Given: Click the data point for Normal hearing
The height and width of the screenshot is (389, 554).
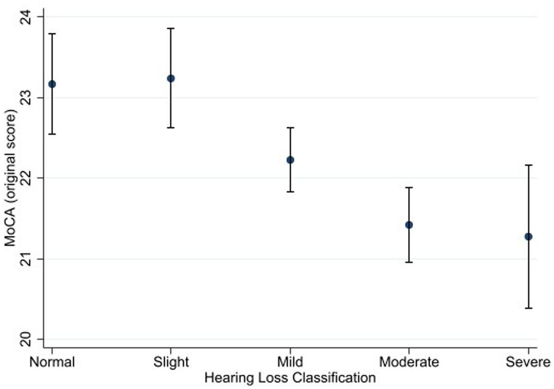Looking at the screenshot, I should pos(52,84).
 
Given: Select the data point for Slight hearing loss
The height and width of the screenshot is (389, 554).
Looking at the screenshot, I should pos(171,78).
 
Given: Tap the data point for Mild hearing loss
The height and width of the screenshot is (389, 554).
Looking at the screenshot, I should pos(290,160).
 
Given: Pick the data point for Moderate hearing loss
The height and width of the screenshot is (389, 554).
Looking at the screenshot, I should pos(409,225).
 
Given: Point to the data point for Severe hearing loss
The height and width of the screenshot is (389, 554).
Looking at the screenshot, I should pos(529,237).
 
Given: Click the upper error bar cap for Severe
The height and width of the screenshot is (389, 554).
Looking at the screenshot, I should pos(529,165).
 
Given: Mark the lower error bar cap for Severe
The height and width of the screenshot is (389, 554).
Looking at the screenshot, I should pos(529,308).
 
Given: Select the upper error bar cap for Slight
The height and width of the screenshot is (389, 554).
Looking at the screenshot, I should pos(171,28).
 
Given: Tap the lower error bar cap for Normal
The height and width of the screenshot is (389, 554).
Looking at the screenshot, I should pos(52,134).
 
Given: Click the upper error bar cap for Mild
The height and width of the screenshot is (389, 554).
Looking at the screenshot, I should pos(290,127).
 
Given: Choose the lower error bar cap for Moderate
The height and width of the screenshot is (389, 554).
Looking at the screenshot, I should pos(409,262).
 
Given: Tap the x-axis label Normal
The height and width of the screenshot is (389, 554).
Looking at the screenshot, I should pos(52,362).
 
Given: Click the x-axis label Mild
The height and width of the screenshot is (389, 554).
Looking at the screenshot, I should pos(290,362).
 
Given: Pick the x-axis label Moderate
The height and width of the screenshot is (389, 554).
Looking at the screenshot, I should pos(409,362).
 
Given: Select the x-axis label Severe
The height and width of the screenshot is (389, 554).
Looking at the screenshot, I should pos(529,362).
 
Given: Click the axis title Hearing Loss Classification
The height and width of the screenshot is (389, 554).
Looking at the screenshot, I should pos(290,378).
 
